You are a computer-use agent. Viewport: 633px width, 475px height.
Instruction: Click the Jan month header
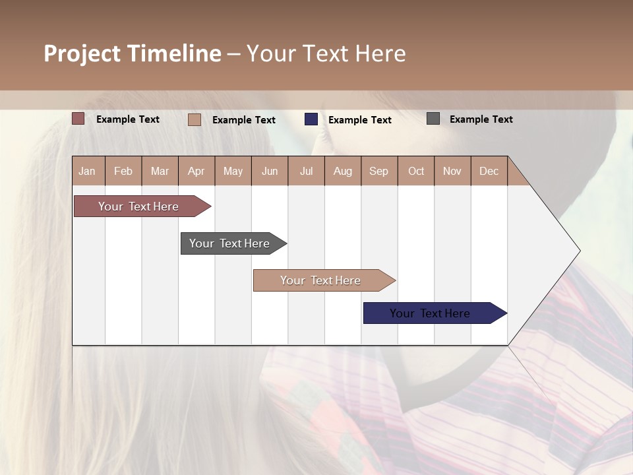click(x=88, y=171)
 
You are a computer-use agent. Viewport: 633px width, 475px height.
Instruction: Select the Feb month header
click(x=123, y=171)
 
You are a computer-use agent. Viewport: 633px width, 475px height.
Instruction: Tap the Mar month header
click(x=160, y=171)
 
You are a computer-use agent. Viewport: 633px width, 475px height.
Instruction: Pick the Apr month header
click(x=196, y=171)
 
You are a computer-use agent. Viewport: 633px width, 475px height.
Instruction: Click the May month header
click(x=233, y=171)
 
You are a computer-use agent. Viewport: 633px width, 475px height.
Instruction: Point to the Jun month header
click(x=270, y=171)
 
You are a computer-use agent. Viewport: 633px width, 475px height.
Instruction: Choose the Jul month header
click(x=306, y=171)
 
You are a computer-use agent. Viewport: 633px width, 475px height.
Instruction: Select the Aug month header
click(x=343, y=171)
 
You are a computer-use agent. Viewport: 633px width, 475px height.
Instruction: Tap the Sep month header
click(x=379, y=171)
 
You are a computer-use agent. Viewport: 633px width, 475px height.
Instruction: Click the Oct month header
click(x=416, y=171)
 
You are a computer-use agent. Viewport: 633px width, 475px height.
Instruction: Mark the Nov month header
click(x=452, y=171)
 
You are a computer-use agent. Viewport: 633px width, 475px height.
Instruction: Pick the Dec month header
click(x=489, y=171)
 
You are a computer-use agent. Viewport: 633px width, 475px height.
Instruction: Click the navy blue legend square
click(x=311, y=119)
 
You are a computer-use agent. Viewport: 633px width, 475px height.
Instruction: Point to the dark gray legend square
click(x=433, y=119)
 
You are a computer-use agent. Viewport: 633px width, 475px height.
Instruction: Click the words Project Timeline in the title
click(x=133, y=53)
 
